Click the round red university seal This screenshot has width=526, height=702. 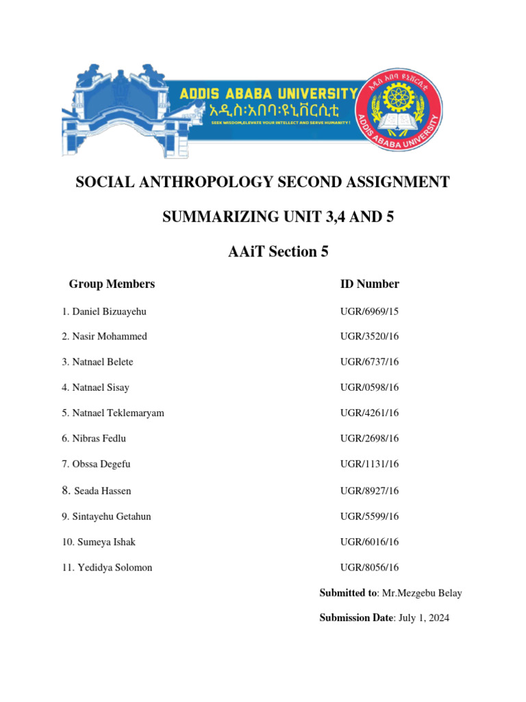(x=401, y=111)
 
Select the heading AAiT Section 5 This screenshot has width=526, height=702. (x=278, y=252)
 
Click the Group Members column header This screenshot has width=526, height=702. (x=112, y=284)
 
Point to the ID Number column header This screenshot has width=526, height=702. (x=370, y=284)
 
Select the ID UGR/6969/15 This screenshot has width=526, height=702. (x=370, y=312)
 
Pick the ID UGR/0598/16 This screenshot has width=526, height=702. (x=370, y=387)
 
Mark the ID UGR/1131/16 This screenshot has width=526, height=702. (x=370, y=464)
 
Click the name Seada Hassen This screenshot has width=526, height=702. (x=102, y=491)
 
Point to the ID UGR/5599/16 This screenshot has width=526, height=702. (x=370, y=516)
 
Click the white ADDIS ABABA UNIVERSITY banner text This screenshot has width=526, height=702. (x=268, y=94)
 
